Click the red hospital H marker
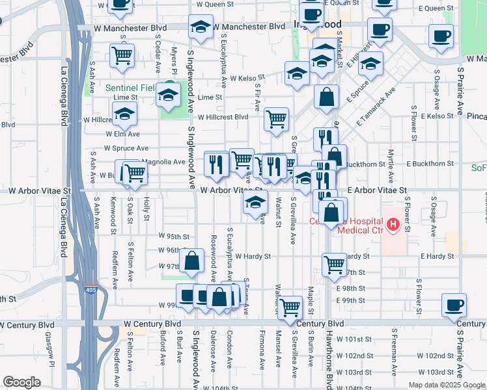point(393,226)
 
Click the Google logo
point(21,382)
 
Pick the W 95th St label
point(174,237)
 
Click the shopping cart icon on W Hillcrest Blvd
point(277,119)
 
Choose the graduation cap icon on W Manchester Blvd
point(200,27)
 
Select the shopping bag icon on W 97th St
point(192,261)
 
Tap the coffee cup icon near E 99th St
point(454,304)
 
